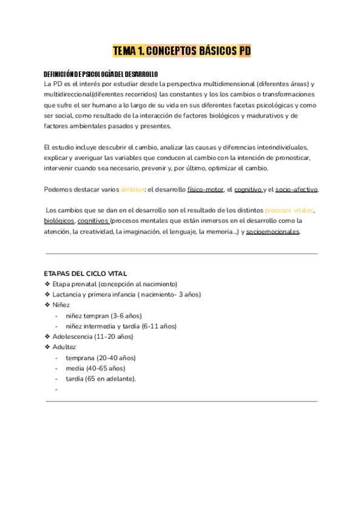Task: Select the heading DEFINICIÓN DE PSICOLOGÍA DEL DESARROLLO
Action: tap(101, 73)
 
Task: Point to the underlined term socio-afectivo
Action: tap(296, 189)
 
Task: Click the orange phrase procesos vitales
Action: tap(289, 210)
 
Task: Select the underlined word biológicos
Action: tap(59, 221)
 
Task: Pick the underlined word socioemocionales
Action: tap(272, 232)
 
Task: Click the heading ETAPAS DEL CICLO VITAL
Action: tap(86, 273)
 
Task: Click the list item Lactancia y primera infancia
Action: tap(126, 295)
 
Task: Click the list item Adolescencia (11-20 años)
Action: tap(92, 336)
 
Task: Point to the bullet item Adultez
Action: tap(64, 347)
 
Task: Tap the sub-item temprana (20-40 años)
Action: tap(101, 358)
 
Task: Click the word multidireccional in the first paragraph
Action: tap(66, 95)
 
